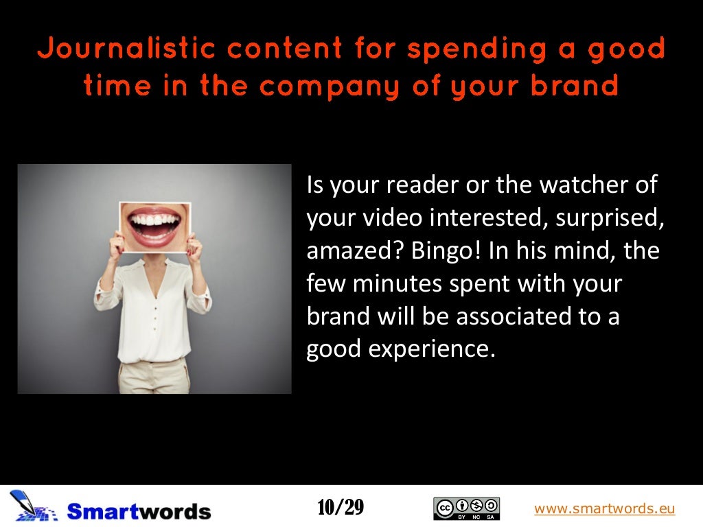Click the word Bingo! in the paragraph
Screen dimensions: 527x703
tap(448, 251)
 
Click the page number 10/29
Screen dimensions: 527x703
tap(341, 508)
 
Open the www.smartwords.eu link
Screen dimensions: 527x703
tap(604, 508)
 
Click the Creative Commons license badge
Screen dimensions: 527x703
tap(467, 508)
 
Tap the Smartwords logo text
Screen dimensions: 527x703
tap(139, 511)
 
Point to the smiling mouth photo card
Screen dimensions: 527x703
tap(154, 227)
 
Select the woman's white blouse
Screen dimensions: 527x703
tap(152, 309)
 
